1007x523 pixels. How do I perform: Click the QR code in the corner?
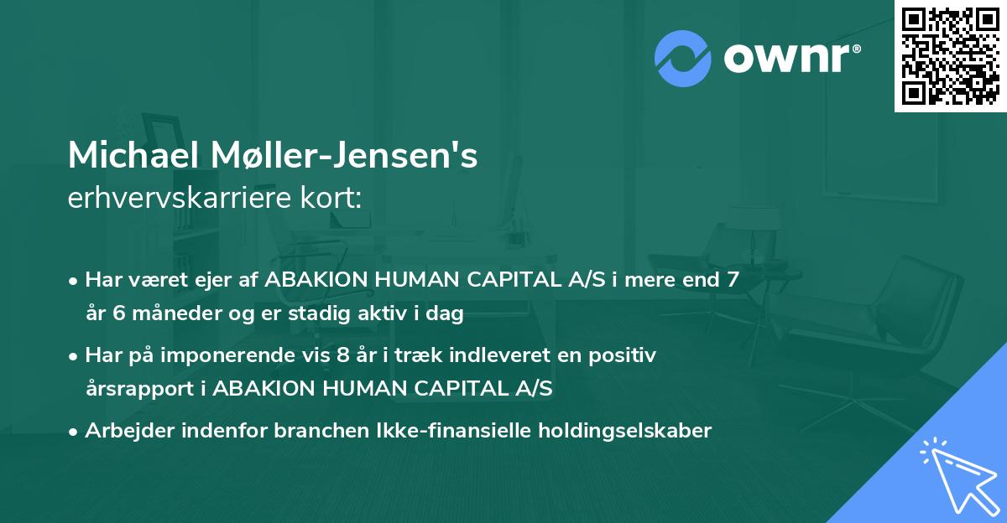pos(950,55)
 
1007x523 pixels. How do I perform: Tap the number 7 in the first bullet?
pos(733,280)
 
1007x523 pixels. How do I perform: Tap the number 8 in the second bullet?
pos(342,355)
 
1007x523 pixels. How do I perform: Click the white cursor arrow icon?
pos(954,472)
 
